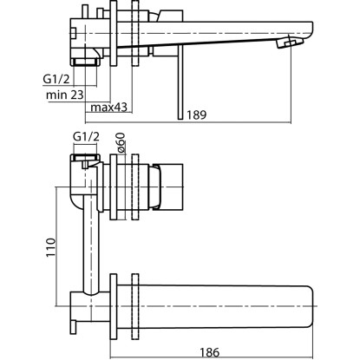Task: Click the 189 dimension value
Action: pyautogui.click(x=197, y=115)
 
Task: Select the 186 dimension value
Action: pyautogui.click(x=210, y=352)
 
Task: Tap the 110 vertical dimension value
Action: pyautogui.click(x=50, y=247)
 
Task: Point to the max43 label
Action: pyautogui.click(x=108, y=108)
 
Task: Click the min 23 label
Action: pyautogui.click(x=65, y=95)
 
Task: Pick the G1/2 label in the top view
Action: pyautogui.click(x=56, y=79)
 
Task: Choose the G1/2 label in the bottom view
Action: pyautogui.click(x=86, y=136)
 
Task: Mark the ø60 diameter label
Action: pyautogui.click(x=121, y=142)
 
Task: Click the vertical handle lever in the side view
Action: pyautogui.click(x=180, y=82)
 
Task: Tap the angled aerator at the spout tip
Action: pyautogui.click(x=290, y=43)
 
